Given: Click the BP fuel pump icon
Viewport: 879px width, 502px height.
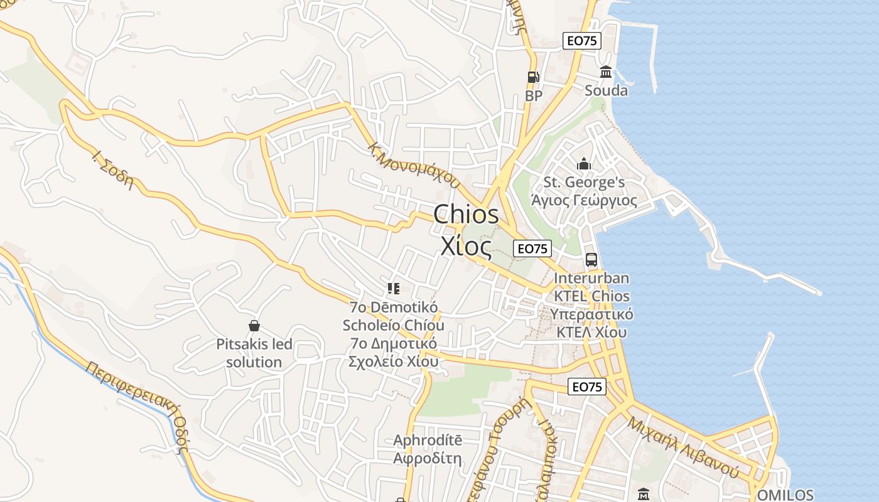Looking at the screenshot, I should [533, 77].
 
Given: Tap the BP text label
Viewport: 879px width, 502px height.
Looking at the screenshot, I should [533, 96].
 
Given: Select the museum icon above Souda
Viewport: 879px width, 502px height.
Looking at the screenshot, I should [606, 72].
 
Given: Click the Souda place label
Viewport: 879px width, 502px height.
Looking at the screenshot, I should [606, 90].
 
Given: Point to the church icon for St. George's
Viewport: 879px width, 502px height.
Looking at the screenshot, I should [584, 164].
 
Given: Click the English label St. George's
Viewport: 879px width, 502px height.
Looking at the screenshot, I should [584, 183].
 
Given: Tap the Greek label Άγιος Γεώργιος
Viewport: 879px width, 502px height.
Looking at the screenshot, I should [584, 201].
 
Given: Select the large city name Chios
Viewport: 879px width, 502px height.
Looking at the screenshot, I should [466, 215].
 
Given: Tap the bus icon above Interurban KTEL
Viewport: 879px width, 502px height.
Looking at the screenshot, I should [591, 259].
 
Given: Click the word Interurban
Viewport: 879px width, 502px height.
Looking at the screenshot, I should [591, 278].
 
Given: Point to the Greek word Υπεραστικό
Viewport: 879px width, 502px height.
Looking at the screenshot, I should [591, 314].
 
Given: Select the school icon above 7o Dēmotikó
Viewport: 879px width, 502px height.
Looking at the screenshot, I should [394, 289].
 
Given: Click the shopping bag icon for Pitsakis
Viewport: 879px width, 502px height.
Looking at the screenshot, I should [254, 326].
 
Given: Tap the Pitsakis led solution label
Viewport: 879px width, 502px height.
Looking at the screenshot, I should [254, 353].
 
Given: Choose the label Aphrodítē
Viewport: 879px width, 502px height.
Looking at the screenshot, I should [428, 441].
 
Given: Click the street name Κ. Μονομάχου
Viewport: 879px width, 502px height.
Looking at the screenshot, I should [414, 166].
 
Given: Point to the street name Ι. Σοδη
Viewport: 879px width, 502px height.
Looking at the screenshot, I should [114, 170].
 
